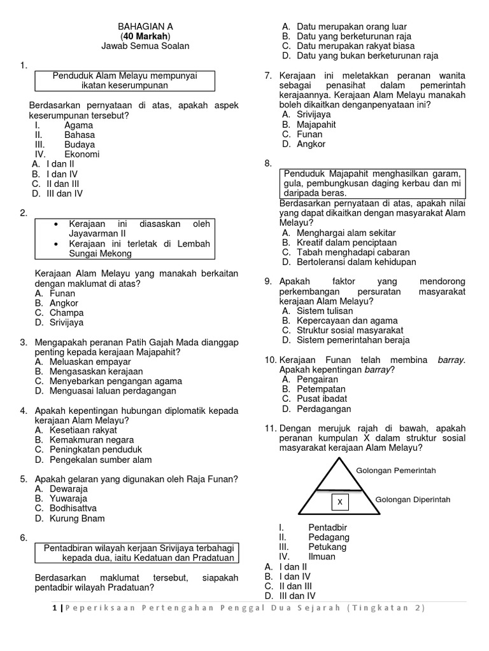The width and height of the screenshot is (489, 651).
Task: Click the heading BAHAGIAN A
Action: [145, 26]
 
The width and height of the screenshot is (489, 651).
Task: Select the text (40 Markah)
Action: [145, 36]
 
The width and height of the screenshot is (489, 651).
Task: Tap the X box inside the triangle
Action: [340, 502]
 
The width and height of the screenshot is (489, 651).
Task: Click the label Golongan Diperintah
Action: [413, 499]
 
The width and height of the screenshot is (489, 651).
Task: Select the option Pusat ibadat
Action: [322, 399]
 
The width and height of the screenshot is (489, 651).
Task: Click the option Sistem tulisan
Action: [325, 311]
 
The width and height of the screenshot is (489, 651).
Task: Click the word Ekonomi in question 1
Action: [81, 154]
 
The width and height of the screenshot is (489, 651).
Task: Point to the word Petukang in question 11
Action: [328, 547]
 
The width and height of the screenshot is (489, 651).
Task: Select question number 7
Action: [268, 76]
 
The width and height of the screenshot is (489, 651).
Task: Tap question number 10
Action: [270, 360]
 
